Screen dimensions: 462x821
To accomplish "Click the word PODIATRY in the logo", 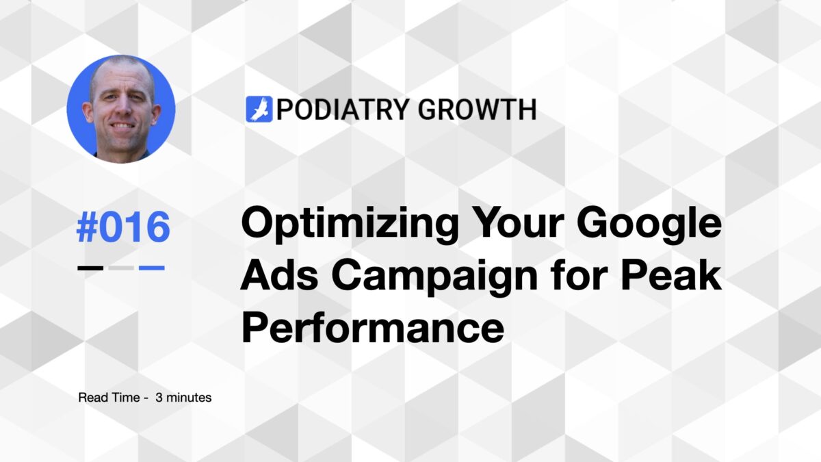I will click(x=335, y=110).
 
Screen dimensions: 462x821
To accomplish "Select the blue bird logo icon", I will click(x=259, y=110).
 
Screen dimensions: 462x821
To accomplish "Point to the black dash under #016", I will click(x=91, y=268).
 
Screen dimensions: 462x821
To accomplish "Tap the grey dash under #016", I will click(x=121, y=268).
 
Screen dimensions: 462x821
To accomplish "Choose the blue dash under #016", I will click(x=152, y=268).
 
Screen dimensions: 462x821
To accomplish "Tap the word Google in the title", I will click(x=655, y=224).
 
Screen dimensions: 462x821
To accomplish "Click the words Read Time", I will click(x=103, y=397).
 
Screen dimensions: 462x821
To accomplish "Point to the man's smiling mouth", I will click(x=122, y=127).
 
